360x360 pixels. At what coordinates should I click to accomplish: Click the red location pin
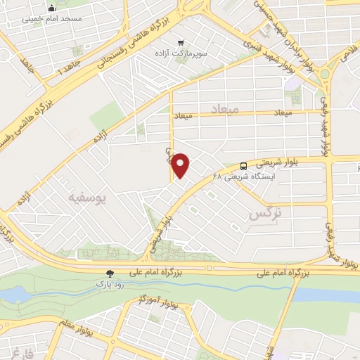tap(181, 166)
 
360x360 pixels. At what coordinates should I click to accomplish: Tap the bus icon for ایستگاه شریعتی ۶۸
tap(243, 166)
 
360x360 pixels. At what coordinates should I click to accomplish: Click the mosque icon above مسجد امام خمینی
tap(51, 9)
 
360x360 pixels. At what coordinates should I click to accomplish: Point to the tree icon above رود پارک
tap(108, 273)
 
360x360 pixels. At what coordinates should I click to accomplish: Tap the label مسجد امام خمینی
tap(51, 20)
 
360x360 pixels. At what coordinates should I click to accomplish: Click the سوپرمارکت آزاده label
tap(181, 53)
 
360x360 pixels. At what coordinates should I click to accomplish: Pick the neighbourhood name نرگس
tap(266, 213)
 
